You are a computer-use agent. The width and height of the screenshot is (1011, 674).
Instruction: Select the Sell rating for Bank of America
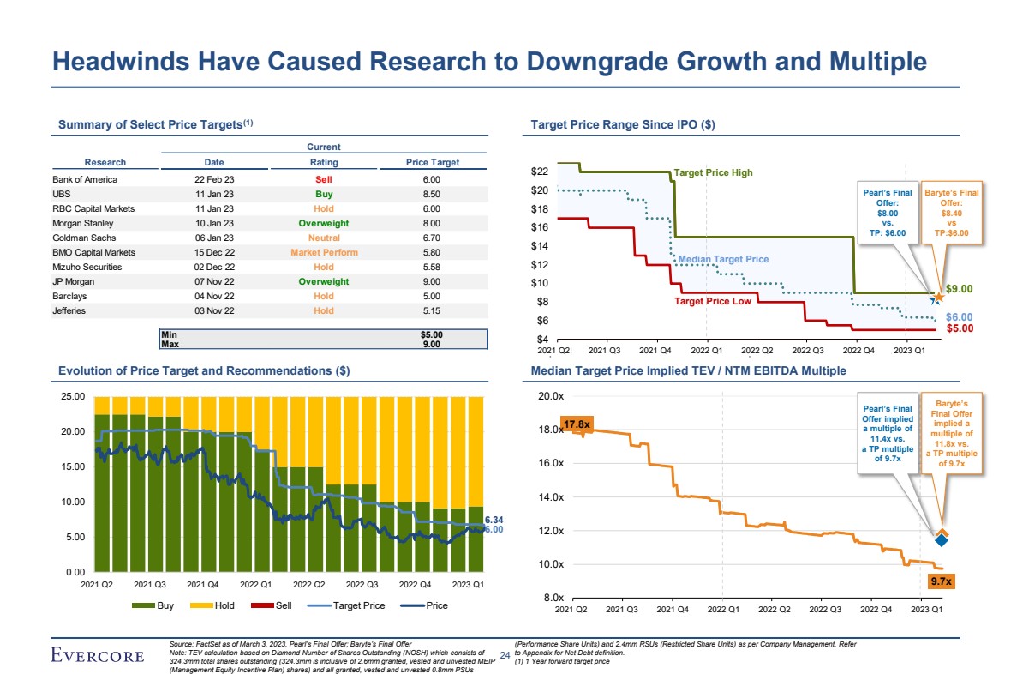(x=323, y=179)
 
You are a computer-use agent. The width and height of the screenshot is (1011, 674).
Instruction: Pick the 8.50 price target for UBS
(x=432, y=194)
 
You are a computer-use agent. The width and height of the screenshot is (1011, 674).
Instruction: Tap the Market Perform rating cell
(x=324, y=252)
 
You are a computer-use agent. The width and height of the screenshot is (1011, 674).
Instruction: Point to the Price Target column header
(x=432, y=162)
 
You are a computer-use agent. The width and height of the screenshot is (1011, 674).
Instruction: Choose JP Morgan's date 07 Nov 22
(x=214, y=281)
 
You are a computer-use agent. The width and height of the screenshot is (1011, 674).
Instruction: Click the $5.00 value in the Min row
(x=431, y=334)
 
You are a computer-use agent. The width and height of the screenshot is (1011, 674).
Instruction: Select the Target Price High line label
(x=713, y=172)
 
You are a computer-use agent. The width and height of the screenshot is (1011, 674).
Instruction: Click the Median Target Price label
(x=723, y=259)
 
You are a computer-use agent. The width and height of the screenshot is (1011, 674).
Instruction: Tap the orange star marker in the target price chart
(x=939, y=297)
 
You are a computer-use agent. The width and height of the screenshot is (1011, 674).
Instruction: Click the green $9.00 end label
(x=960, y=290)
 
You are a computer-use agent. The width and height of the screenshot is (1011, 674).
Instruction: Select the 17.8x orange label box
(x=577, y=424)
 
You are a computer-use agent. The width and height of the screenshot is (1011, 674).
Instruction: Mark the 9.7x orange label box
(x=942, y=581)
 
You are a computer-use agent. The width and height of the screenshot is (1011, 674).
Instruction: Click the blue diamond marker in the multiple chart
(x=942, y=539)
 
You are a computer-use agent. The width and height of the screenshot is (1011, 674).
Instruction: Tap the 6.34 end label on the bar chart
(x=494, y=520)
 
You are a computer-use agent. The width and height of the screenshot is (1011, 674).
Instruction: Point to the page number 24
(x=504, y=656)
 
